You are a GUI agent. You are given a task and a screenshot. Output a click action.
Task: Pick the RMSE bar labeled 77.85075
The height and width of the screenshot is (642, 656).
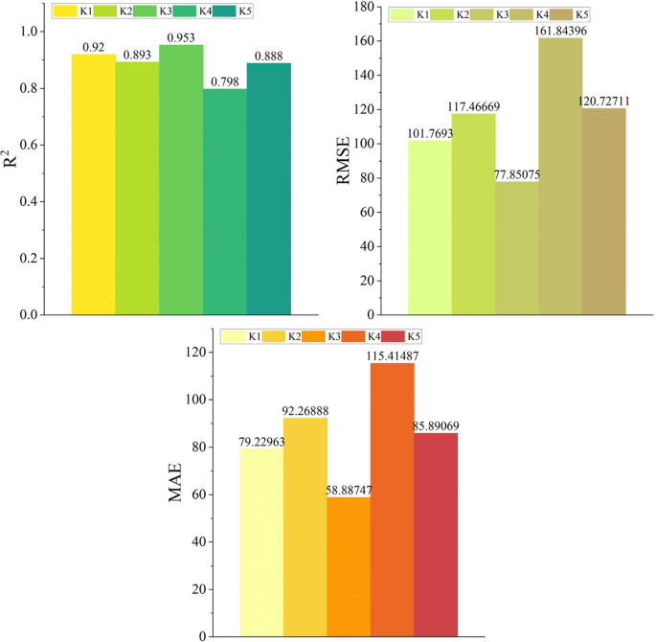(516, 249)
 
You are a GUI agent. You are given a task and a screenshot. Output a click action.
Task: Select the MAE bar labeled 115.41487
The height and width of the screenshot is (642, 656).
(392, 499)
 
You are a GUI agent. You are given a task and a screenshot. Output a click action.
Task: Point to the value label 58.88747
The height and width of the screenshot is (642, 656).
(349, 488)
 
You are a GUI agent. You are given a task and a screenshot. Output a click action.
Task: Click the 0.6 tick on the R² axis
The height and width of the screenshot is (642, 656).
(30, 145)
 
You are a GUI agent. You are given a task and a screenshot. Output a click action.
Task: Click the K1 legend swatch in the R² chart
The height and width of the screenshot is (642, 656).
(67, 11)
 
